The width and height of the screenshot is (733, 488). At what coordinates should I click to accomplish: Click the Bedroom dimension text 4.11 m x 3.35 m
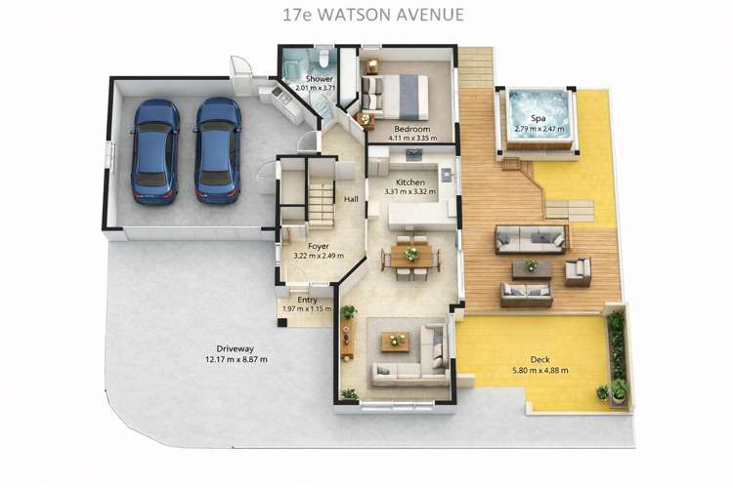tap(411, 138)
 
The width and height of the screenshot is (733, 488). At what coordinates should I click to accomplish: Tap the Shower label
tap(320, 78)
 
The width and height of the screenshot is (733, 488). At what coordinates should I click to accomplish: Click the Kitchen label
tap(410, 183)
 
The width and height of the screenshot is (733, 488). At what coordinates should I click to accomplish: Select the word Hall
tap(352, 199)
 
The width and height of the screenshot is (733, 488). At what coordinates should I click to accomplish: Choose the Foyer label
tap(319, 247)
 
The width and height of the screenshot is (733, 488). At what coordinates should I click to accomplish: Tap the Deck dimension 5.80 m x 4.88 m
tap(540, 370)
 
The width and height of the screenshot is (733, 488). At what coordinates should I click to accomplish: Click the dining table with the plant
tap(411, 256)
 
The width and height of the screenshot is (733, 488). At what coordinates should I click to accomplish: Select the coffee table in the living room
tap(396, 342)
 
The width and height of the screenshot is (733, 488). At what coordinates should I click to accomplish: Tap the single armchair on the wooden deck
tap(579, 270)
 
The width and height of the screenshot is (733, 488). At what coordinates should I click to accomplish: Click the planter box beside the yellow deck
tap(617, 356)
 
